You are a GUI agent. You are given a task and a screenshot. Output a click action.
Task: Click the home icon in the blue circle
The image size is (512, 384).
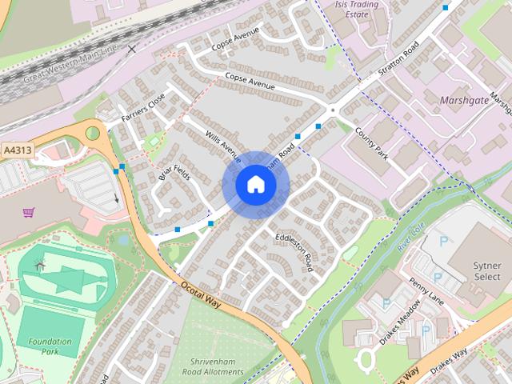[x=255, y=185]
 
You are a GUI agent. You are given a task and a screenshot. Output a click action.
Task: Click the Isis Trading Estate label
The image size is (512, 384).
[x=367, y=8]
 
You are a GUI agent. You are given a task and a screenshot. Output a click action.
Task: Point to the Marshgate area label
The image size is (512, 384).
[x=463, y=101]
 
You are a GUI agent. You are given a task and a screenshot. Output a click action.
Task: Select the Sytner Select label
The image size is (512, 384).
[x=486, y=270]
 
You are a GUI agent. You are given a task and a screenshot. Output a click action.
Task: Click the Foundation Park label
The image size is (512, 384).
[x=50, y=346]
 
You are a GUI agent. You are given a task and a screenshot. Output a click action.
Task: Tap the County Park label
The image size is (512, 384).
[x=370, y=142]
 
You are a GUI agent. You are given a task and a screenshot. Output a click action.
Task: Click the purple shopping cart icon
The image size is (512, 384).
[x=29, y=212]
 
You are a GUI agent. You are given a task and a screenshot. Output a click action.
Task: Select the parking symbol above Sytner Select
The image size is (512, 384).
[x=444, y=240]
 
